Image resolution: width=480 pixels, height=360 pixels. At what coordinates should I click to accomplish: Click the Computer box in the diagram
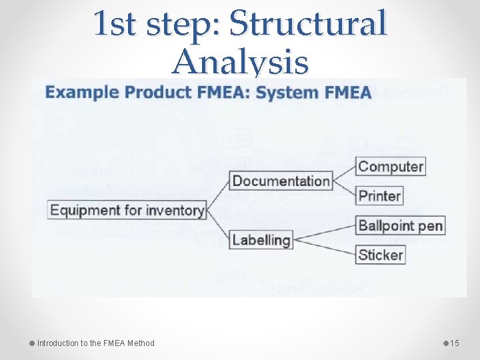391,167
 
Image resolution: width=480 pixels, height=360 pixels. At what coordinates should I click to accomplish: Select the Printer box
379,196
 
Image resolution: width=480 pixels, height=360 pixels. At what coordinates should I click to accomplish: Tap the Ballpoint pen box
400,225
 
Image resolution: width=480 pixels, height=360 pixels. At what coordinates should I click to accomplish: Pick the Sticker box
381,254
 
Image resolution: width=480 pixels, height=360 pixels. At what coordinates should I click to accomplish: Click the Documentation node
281,181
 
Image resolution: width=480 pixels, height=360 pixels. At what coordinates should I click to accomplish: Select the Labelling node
261,240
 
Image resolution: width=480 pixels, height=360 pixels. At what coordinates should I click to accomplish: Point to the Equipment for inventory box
127,211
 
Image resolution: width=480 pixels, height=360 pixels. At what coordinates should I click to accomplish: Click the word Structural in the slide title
307,24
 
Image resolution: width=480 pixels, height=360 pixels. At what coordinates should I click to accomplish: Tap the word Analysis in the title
240,63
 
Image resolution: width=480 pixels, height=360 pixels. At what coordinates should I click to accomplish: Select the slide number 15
455,343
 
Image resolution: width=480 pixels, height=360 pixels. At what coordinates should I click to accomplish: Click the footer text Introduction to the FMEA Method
95,343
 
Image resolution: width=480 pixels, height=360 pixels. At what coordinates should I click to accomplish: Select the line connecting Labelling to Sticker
325,247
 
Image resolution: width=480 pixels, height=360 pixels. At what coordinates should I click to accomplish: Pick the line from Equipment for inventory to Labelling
219,225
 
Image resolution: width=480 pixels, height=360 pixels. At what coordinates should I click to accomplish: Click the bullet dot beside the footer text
32,343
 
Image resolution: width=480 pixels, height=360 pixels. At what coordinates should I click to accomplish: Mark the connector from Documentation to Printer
345,188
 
